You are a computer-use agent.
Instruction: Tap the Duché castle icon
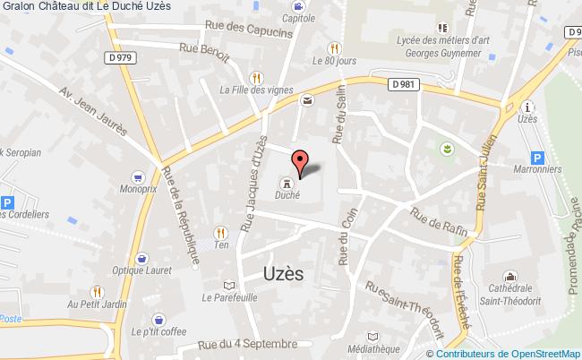point(287,178)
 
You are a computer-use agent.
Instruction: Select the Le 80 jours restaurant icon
point(335,48)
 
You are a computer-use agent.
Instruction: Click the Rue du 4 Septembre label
point(249,343)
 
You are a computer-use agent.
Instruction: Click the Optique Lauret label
point(146,269)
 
